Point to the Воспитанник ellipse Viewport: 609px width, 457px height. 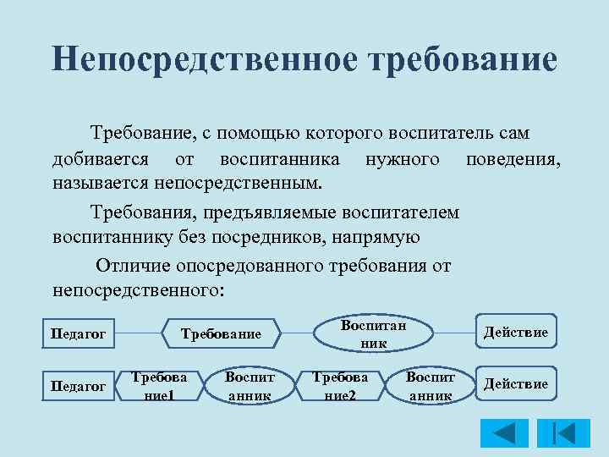click(373, 334)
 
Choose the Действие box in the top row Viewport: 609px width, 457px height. click(514, 333)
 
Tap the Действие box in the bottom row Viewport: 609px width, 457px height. click(514, 384)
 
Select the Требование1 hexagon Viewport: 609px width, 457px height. click(159, 385)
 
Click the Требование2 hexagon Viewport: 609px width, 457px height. click(339, 385)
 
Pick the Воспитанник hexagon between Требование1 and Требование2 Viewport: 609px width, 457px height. click(249, 385)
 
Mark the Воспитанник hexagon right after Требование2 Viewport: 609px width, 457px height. click(431, 385)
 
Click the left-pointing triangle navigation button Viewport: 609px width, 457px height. click(504, 432)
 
